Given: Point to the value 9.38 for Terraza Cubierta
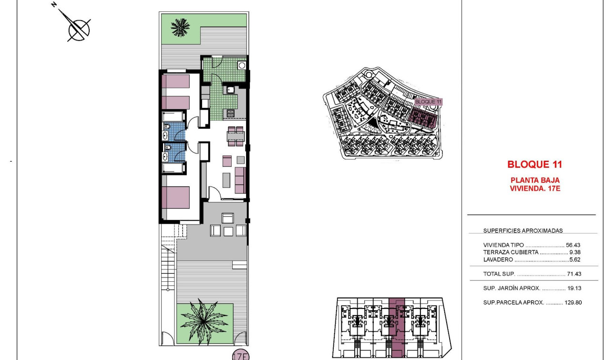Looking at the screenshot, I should [575, 252].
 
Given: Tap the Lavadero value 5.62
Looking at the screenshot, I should [575, 260].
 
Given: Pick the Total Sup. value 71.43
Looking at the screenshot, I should [574, 274].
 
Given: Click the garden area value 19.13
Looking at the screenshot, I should [574, 288].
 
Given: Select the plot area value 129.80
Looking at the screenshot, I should [572, 302].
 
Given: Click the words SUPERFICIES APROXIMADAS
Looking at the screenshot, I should [523, 231].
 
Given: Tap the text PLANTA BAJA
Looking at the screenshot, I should [534, 180].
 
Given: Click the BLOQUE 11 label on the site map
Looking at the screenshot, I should [429, 102].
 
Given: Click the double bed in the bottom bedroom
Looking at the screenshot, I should [176, 197].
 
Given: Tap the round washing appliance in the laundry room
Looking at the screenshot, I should [242, 65].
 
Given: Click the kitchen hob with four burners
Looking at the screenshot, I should [230, 113].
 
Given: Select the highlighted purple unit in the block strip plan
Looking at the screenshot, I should [397, 326].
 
